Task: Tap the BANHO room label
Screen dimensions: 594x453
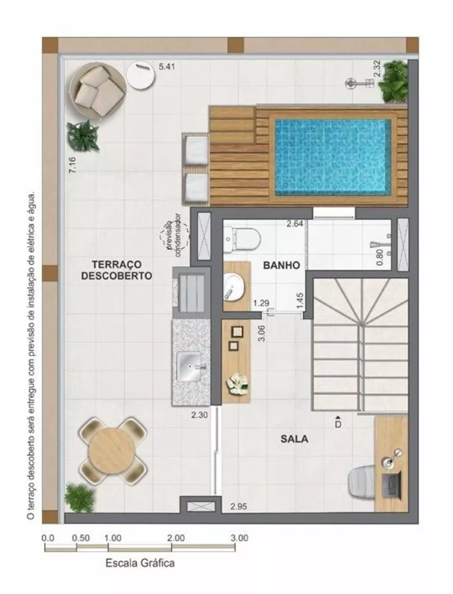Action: tap(281, 266)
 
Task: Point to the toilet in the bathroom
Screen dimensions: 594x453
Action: tap(242, 239)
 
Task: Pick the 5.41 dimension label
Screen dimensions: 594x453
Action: tap(167, 67)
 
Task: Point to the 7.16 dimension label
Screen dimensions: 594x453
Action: tap(72, 165)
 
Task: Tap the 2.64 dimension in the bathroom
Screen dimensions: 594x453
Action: tap(295, 224)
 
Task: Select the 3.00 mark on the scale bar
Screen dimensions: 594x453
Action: tap(239, 538)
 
